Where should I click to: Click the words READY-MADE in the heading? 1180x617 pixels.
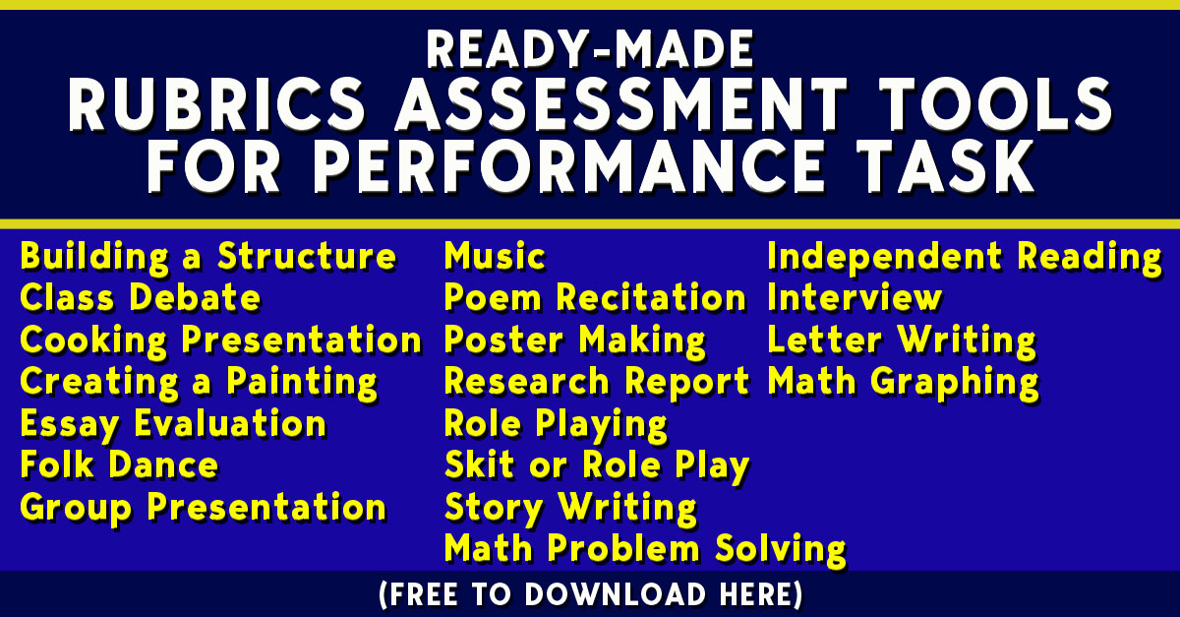point(590,48)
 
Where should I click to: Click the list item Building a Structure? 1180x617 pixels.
point(208,257)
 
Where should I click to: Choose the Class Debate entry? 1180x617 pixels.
point(141,298)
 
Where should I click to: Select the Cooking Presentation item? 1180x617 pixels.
point(220,340)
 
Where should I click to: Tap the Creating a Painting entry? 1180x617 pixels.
point(199,382)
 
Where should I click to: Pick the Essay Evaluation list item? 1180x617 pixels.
point(173,424)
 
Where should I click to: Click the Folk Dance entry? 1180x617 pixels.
point(119,465)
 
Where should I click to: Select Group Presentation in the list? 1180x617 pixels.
point(203,508)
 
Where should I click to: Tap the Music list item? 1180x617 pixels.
point(495,257)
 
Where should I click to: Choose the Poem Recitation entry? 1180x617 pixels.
point(595,298)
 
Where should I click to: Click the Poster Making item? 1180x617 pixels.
point(575,340)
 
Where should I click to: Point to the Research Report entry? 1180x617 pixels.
point(597,382)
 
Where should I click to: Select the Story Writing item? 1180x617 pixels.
point(570,508)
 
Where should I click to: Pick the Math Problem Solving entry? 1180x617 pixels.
point(644,548)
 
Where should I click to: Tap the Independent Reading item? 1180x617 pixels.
point(964,257)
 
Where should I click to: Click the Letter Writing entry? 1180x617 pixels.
point(902,340)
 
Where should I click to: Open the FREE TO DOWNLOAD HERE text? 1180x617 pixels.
point(590,594)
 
